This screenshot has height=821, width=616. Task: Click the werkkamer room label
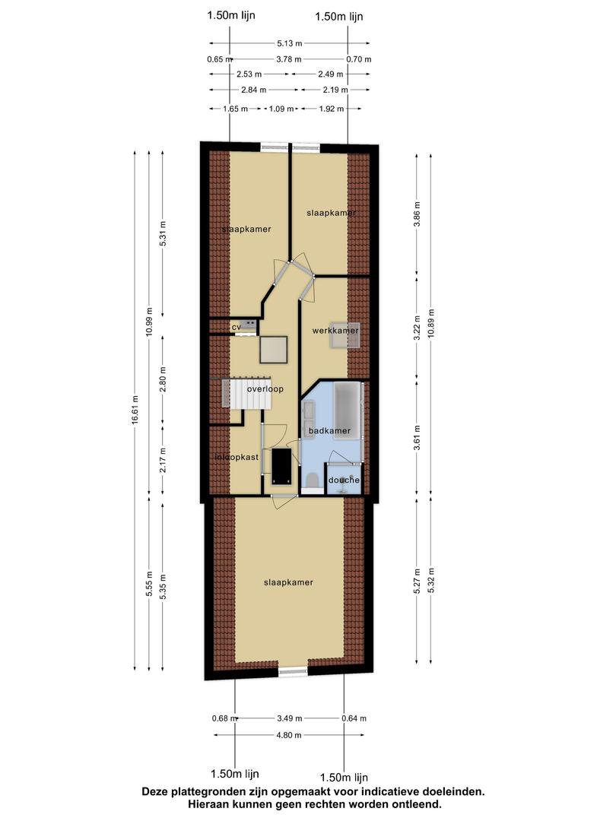335,331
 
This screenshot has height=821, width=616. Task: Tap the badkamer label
329,430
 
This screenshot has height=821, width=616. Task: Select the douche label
345,480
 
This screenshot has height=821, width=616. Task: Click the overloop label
265,389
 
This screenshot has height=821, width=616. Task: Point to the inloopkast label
237,457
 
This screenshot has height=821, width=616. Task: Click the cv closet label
237,327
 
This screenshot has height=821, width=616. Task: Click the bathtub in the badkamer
348,404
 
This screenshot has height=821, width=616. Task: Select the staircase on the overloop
247,394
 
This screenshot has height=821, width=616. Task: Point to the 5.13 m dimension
290,43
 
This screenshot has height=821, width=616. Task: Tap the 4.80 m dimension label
289,735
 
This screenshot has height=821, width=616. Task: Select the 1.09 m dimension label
281,109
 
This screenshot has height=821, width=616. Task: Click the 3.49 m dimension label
290,718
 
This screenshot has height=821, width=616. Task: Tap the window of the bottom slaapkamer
294,671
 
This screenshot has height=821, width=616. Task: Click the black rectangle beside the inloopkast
281,467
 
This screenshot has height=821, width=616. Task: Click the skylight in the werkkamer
345,336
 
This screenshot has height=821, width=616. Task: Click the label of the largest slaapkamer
289,582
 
